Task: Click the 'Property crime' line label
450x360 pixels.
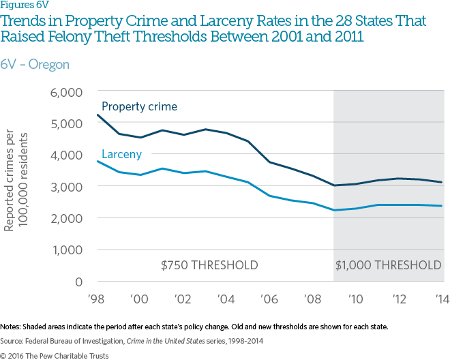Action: click(139, 107)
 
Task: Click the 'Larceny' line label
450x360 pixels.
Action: click(121, 155)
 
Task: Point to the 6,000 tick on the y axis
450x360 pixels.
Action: click(67, 91)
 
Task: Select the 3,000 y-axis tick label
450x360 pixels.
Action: click(67, 186)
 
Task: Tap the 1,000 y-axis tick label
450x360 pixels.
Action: click(67, 250)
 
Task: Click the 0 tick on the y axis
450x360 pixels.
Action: click(78, 281)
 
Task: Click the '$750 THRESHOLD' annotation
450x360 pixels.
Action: click(209, 265)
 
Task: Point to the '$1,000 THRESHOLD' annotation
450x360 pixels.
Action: click(389, 265)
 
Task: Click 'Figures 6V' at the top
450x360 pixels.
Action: click(25, 6)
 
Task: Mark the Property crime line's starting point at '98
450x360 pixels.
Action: click(97, 115)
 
